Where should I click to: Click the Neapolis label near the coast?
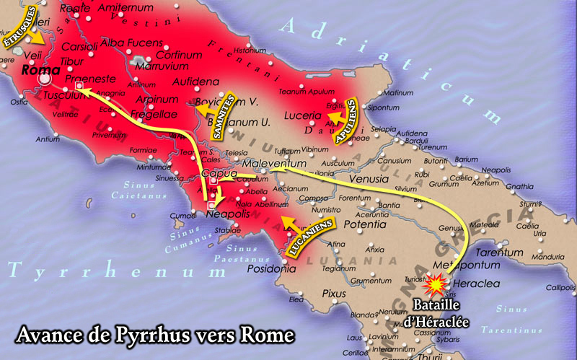point(228,215)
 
